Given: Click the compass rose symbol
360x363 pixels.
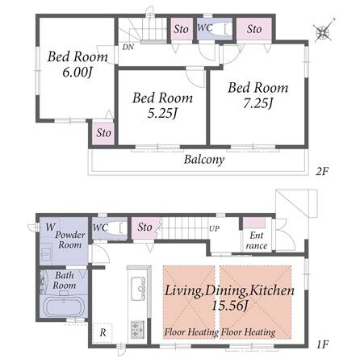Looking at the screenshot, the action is point(324,32).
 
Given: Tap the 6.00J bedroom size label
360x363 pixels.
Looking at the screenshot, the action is point(77,73).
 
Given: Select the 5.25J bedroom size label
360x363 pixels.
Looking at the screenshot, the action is point(163,114).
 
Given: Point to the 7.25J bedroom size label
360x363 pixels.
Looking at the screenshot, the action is point(258,103).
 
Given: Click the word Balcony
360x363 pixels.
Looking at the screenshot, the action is point(204,160).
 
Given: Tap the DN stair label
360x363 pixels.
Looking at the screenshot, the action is point(128,48).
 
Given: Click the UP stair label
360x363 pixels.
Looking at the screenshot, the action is point(214,229).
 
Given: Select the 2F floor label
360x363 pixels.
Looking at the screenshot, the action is point(322,171).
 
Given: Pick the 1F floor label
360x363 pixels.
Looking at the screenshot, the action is point(322,344).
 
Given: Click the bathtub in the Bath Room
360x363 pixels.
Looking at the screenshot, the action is point(64,307).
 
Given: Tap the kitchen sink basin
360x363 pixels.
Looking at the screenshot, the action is point(138,289).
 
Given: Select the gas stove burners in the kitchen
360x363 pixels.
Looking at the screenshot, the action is point(137,329).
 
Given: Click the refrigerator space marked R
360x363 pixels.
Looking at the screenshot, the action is point(103,332).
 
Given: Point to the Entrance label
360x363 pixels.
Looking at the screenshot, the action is point(257,240).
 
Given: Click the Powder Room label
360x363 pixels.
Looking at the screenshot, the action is point(70,240).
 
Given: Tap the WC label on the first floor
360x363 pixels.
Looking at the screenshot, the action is point(100,228).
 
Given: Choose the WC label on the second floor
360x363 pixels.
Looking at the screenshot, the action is point(205,27).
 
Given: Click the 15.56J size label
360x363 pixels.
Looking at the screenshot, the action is point(229,306).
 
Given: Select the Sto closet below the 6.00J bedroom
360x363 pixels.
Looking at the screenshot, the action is point(103,133).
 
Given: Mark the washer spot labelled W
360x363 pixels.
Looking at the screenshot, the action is point(50,227).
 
